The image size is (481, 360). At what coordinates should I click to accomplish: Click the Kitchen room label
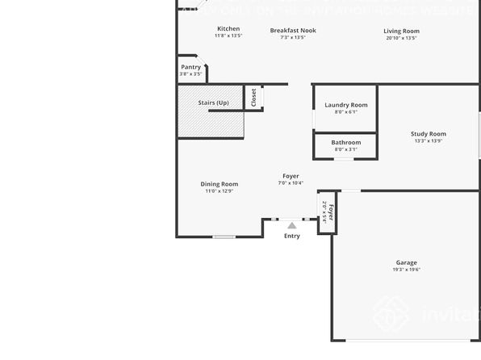click(228, 29)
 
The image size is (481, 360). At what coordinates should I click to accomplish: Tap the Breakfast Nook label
click(293, 30)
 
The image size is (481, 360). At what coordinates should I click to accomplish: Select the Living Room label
click(401, 31)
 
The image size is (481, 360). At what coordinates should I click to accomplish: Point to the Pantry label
click(191, 67)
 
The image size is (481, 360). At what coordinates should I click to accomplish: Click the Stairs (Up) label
click(214, 103)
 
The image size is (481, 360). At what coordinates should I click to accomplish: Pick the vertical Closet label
click(253, 98)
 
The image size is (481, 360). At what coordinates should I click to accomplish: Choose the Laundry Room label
click(346, 105)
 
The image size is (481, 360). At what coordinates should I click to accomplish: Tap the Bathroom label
click(346, 142)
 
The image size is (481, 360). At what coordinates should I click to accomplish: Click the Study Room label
click(429, 134)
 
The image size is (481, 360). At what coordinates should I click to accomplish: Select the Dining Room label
click(220, 184)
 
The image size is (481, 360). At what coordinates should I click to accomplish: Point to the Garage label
click(407, 262)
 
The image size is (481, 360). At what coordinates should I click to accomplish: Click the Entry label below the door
click(292, 236)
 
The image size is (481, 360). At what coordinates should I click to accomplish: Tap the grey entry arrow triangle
click(292, 226)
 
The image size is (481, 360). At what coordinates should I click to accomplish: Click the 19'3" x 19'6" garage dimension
click(407, 270)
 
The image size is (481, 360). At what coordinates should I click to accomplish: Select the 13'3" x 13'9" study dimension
click(429, 141)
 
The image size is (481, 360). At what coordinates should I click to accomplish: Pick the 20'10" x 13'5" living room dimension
click(401, 38)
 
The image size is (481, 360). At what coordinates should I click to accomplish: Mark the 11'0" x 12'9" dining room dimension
click(219, 191)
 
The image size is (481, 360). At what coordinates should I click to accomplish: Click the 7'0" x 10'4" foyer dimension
click(291, 183)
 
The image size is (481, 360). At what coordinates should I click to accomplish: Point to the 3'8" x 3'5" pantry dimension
click(190, 74)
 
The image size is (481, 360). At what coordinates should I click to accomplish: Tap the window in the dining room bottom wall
click(224, 237)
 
